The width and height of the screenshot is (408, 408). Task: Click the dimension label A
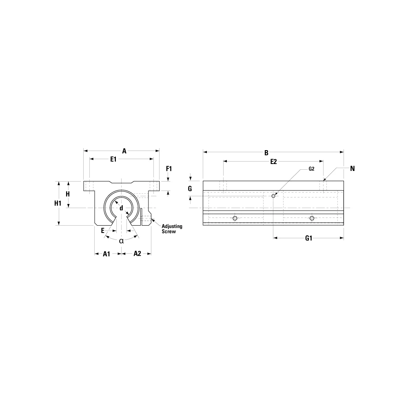[124, 151]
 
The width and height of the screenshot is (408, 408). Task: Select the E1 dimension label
[113, 160]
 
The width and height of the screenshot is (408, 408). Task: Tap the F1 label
[169, 169]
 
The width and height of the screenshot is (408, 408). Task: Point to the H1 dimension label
[58, 203]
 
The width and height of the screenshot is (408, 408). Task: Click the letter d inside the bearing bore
[121, 208]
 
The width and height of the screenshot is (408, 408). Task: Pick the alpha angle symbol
[121, 241]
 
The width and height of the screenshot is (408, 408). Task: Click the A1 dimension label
[106, 254]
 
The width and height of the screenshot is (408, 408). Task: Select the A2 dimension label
[137, 254]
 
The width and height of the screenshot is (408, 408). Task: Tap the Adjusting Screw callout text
[172, 228]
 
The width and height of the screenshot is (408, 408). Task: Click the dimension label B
[266, 153]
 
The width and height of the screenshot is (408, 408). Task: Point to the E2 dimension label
[273, 162]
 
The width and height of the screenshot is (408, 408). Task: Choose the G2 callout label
[311, 169]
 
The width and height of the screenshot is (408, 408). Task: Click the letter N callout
[352, 168]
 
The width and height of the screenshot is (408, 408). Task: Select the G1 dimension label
[308, 239]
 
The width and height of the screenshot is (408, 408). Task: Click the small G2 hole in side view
[274, 196]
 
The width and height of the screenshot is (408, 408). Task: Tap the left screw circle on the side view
[235, 218]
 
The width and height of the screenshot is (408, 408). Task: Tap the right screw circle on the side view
[312, 218]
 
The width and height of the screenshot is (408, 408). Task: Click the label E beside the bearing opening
[103, 230]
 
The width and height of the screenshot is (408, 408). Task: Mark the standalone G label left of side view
[190, 189]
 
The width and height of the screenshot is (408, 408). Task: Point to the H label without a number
[68, 194]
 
